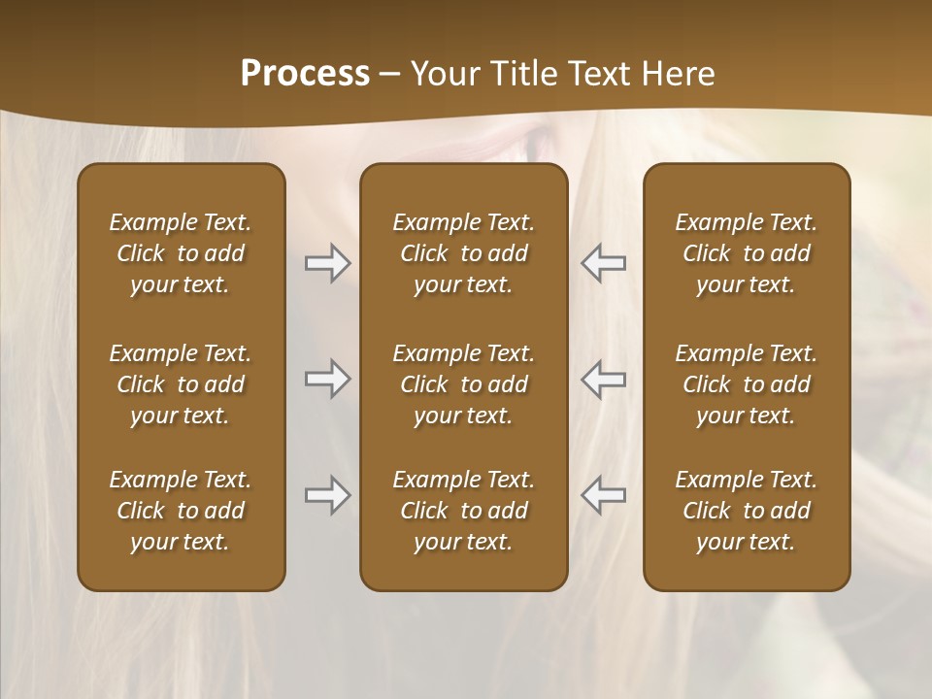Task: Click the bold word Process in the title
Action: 305,74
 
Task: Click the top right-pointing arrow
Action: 327,263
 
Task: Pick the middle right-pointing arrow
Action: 327,378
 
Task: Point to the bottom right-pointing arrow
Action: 327,495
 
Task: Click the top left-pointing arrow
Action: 603,263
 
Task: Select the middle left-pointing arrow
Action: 603,378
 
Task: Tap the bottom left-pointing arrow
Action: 603,495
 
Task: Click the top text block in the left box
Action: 181,253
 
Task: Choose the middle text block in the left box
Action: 181,384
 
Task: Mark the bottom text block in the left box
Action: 181,511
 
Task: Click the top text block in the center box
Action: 463,253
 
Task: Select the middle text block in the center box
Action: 463,384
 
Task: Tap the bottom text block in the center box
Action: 463,511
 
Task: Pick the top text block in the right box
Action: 746,253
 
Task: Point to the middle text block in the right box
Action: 746,384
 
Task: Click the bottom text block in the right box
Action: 746,511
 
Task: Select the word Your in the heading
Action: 443,74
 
